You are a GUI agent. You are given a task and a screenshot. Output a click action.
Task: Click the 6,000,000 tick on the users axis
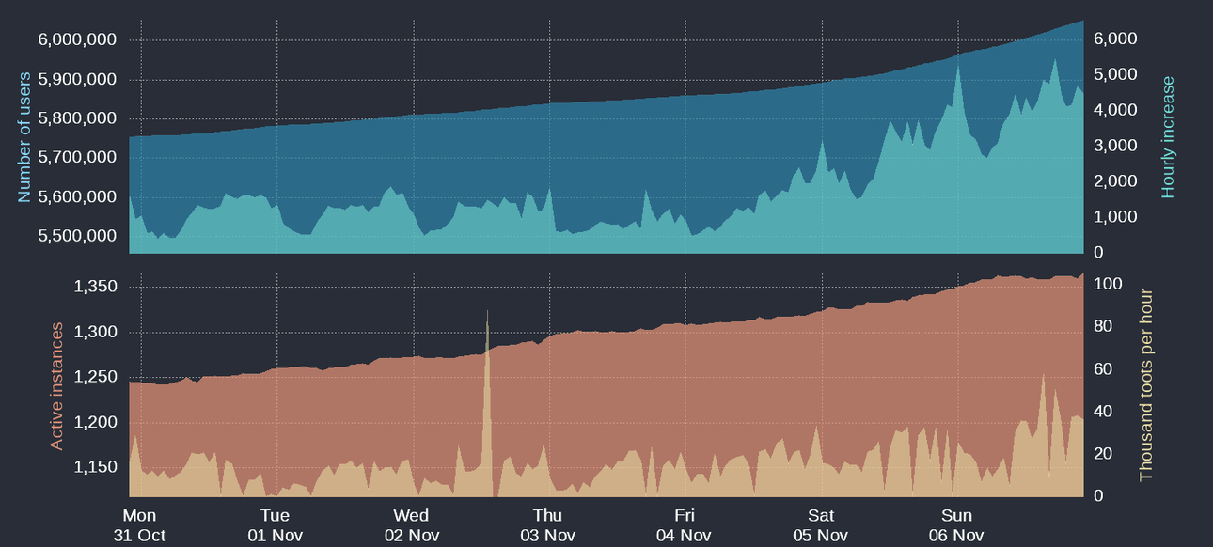point(77,39)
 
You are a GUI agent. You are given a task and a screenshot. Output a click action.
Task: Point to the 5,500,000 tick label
point(77,236)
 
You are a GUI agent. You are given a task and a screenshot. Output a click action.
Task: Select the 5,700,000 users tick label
point(77,158)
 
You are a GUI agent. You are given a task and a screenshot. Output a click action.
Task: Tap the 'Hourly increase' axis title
point(1169,137)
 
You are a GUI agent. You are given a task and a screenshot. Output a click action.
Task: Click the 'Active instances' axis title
point(56,385)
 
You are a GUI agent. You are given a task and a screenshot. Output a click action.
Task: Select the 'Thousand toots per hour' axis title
point(1145,384)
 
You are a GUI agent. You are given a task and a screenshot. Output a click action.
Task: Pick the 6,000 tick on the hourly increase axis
point(1115,39)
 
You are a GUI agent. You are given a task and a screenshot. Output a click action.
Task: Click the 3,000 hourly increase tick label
point(1115,146)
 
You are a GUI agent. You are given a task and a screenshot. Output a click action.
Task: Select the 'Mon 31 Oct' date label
point(139,525)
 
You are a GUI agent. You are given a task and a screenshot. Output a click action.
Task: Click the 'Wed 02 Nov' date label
point(411,525)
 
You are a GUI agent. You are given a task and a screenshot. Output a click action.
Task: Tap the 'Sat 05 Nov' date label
point(821,525)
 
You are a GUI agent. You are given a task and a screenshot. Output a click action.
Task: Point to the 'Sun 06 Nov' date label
point(957,525)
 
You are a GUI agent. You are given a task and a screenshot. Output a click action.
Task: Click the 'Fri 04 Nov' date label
point(685,525)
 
